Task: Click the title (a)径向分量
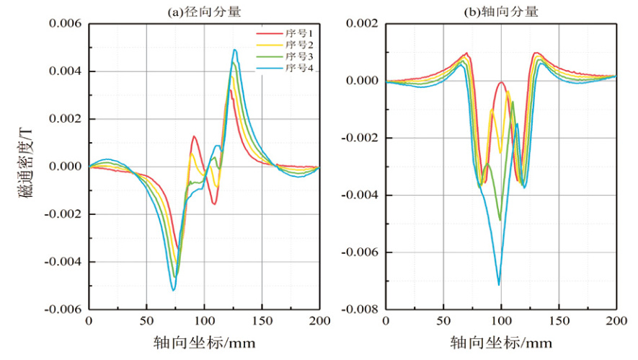coord(204,11)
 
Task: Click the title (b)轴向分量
coord(501,11)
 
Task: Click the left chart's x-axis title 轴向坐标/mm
coord(204,341)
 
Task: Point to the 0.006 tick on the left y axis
coord(66,24)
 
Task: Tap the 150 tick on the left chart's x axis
coord(262,321)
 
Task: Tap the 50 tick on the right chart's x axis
coord(443,321)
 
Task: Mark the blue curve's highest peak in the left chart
coord(234,50)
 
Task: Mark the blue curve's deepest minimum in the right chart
coord(498,285)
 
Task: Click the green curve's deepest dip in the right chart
coord(500,220)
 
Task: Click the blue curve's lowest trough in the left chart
coord(173,290)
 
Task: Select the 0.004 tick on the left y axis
coord(66,71)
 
